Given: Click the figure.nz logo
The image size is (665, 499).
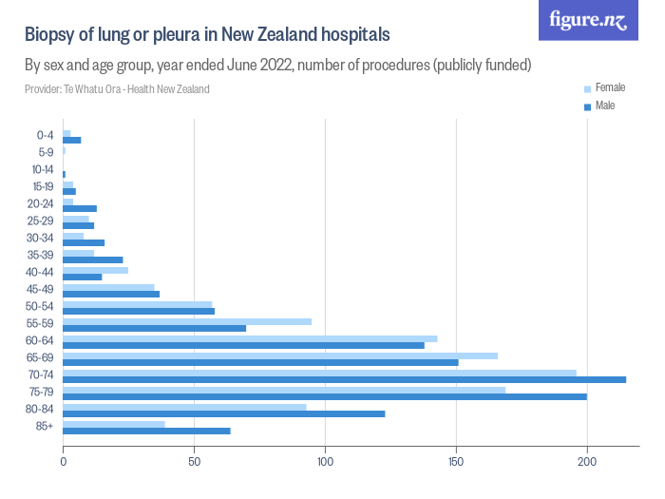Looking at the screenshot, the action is pos(588,20).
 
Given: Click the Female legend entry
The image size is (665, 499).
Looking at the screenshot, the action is pos(604,87).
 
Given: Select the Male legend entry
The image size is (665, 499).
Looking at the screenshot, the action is pos(599,106).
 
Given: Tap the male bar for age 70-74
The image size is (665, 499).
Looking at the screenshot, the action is pos(344,379).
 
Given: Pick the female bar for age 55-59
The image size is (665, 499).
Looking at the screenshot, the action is pos(187,321).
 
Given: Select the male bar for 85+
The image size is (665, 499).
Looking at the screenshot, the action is pos(146,431).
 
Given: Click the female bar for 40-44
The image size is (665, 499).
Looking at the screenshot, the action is pos(95,270).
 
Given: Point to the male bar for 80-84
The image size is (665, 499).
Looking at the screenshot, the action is pos(224,413).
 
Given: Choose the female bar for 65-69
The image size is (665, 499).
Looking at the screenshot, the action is pos(280,355).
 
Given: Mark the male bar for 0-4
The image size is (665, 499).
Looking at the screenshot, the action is pos(72,140).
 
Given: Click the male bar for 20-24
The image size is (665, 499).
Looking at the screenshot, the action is pos(80,208).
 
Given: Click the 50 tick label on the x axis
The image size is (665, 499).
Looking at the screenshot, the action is pos(194,461).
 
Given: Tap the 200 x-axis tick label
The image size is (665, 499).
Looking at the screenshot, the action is pos(587,461).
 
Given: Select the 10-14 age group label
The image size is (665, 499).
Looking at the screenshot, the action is pos(43,170).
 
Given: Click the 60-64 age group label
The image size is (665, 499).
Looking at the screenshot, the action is pos(40,340).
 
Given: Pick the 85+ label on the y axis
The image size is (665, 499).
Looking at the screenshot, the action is pos(45,426).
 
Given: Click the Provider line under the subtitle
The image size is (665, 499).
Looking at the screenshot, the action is pos(117,89).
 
